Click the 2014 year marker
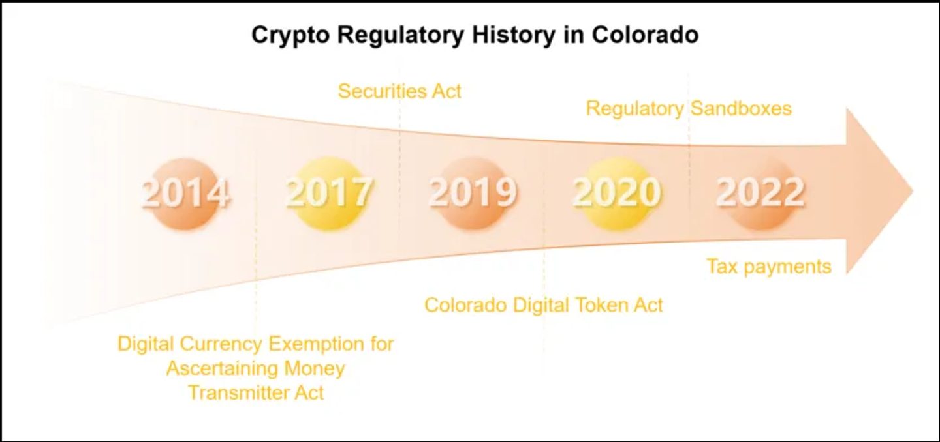pos(185,193)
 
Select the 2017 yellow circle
pos(328,193)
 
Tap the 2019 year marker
pos(472,193)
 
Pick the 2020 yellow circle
pos(616,193)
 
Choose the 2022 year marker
pos(760,193)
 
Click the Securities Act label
pos(399,91)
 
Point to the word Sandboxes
pos(741,108)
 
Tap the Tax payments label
pos(769,267)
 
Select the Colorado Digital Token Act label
pos(544,305)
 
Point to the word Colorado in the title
pos(646,35)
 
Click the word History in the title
pos(514,35)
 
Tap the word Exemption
pos(317,344)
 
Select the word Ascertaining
pos(222,369)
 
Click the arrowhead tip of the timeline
pos(913,192)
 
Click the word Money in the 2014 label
pos(315,369)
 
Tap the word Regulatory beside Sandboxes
pos(635,109)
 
